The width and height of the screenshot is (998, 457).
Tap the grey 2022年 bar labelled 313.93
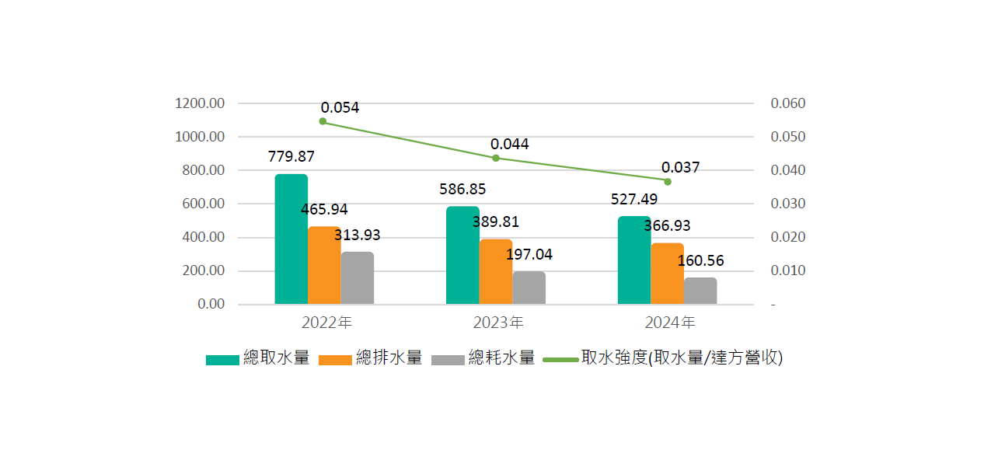point(357,278)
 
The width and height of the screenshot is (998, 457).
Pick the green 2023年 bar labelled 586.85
point(462,256)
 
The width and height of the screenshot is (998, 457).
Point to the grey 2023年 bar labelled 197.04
point(529,288)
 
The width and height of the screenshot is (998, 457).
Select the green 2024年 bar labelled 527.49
point(634,260)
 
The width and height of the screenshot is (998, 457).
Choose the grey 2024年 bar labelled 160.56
point(700,291)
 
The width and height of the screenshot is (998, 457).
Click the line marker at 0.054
point(323,121)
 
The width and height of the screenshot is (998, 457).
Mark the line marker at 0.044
point(496,158)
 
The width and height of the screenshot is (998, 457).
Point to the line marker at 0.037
point(668,181)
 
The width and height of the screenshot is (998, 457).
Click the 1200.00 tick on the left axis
point(200,103)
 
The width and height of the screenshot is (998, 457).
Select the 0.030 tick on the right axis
point(787,204)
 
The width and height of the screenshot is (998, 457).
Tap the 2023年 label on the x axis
point(497,322)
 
